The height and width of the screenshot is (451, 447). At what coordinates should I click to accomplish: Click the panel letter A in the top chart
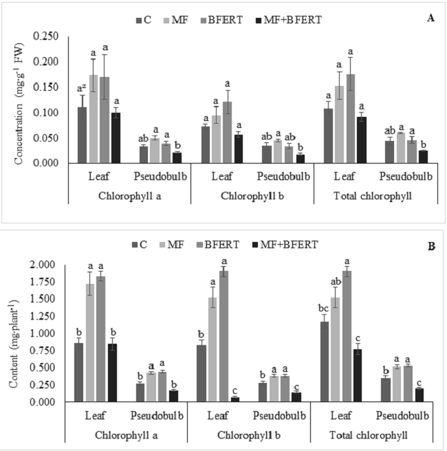tap(430, 18)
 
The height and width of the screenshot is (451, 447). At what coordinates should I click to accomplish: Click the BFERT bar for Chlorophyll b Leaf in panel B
tap(225, 336)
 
